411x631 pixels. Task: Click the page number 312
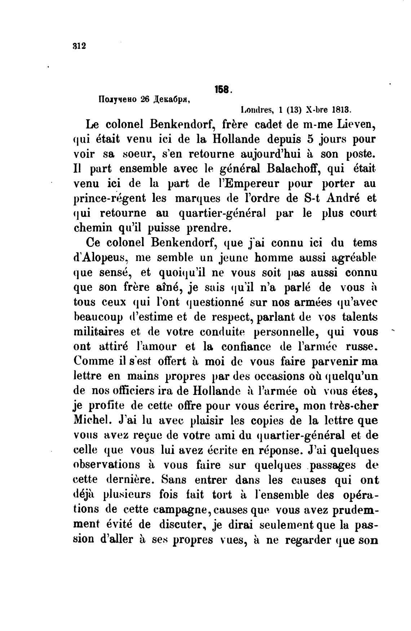[79, 46]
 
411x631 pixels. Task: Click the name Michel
[89, 421]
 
